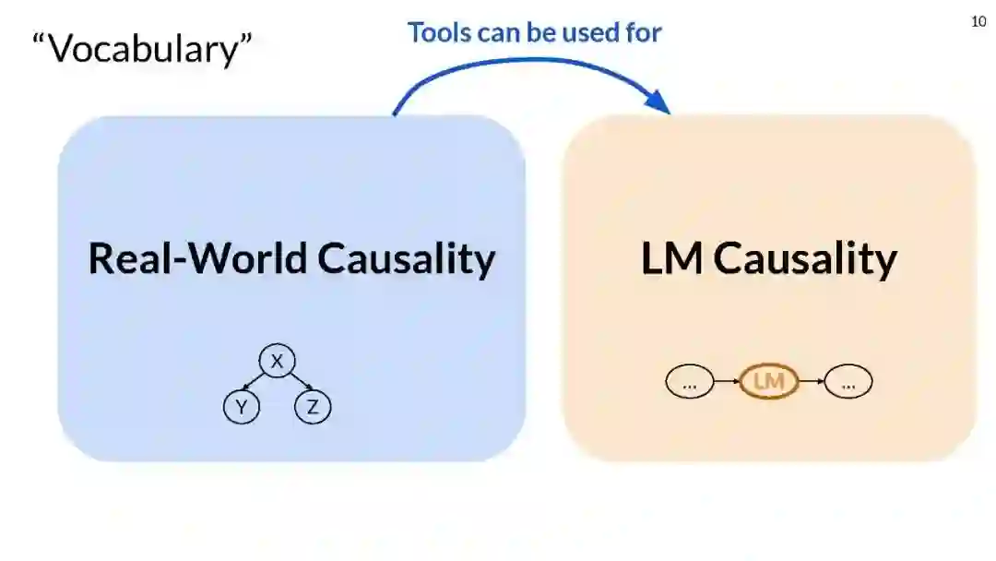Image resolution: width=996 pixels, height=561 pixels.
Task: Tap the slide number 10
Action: click(979, 22)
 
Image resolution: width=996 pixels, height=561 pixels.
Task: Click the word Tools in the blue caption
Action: click(439, 32)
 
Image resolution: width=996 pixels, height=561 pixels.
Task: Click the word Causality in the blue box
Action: click(407, 258)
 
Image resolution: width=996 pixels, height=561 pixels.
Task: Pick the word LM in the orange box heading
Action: click(672, 258)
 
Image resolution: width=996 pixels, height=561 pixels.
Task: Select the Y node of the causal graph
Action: click(241, 407)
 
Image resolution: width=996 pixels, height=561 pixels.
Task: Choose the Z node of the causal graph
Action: click(313, 407)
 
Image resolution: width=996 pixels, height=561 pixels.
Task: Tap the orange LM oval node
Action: click(768, 380)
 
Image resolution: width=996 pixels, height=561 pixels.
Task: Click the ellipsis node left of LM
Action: click(689, 380)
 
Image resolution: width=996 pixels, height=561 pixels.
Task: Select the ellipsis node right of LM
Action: click(848, 380)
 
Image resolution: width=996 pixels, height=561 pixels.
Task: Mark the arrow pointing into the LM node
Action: click(727, 380)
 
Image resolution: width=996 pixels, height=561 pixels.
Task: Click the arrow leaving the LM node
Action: click(811, 380)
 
